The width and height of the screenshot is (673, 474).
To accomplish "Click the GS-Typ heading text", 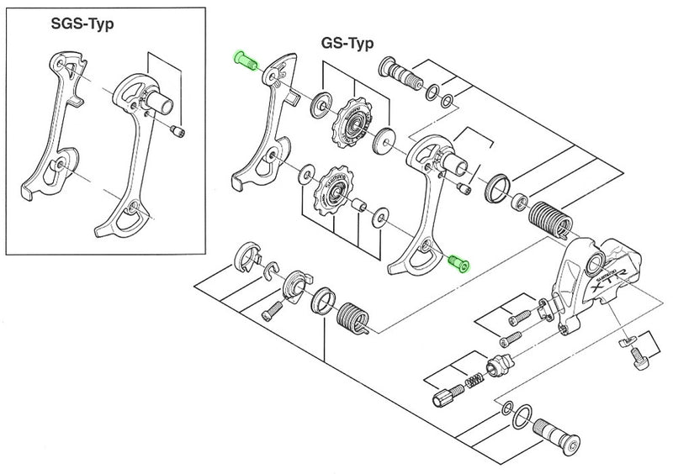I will [347, 42].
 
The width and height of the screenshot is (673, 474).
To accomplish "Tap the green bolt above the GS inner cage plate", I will [245, 61].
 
